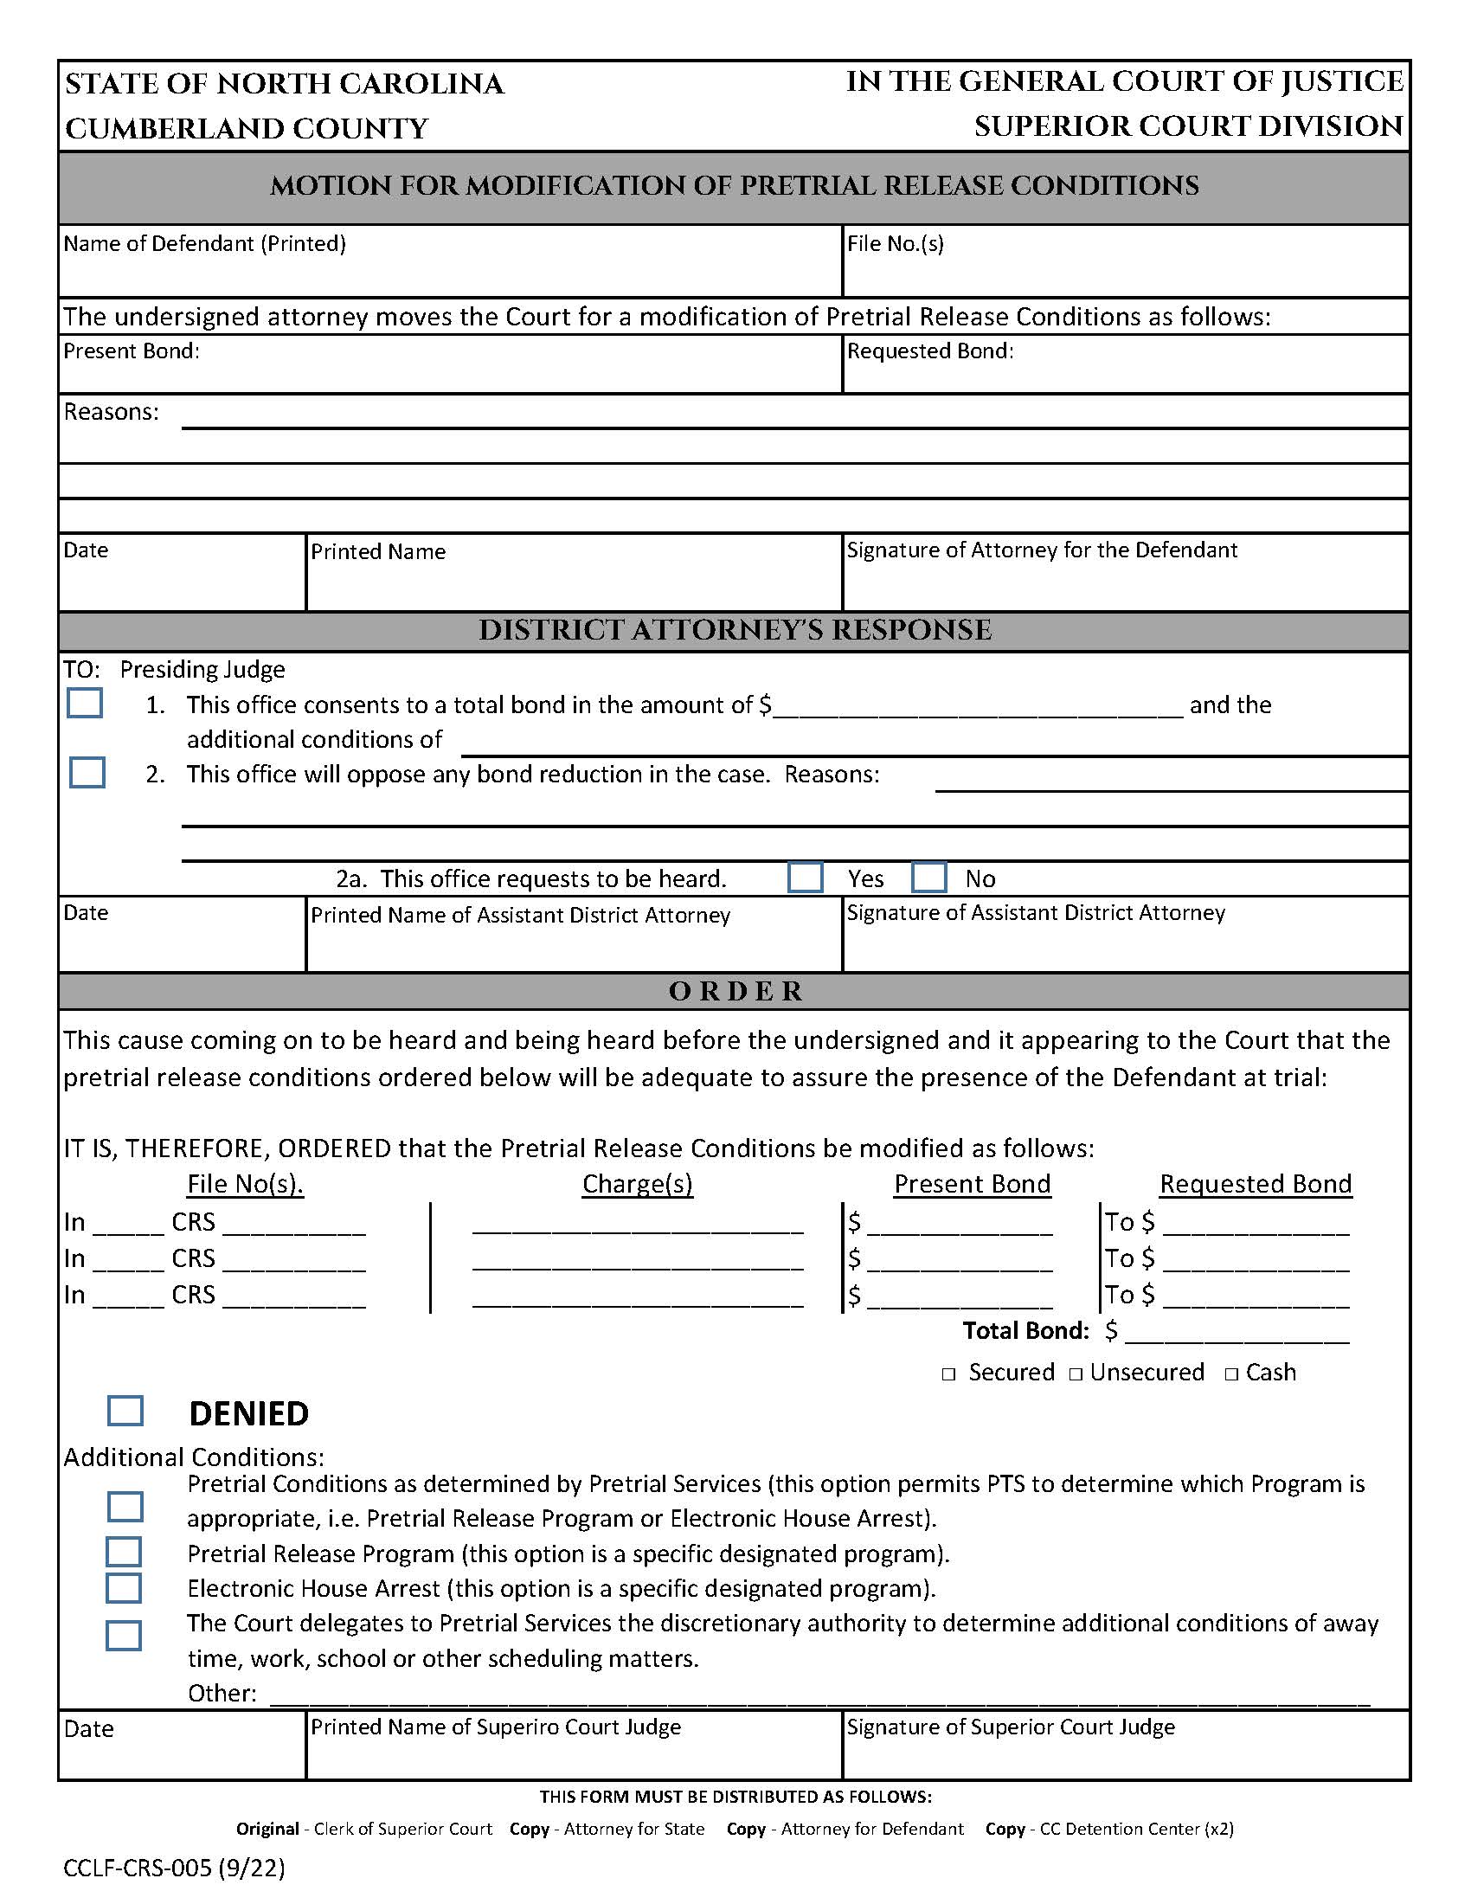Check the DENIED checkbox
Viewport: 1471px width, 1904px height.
125,1411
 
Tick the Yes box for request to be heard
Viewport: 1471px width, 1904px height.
805,877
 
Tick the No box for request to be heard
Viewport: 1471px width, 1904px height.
929,877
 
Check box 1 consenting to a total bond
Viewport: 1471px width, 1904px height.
85,703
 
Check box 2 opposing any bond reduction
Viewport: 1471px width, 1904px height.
87,772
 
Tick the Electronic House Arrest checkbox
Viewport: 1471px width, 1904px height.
124,1587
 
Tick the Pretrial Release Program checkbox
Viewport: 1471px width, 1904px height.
124,1552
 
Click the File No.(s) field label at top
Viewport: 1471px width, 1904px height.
895,244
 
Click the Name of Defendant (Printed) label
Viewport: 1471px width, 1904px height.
204,244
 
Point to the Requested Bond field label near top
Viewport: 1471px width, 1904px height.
930,351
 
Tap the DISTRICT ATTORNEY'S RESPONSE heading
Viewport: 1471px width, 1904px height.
735,630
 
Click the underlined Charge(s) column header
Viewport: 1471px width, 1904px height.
637,1184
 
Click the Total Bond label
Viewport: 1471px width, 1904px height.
1025,1330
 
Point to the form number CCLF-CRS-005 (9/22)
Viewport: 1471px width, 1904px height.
173,1868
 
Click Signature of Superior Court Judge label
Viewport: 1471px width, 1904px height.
1011,1727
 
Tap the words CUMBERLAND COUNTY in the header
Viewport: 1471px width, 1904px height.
247,129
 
